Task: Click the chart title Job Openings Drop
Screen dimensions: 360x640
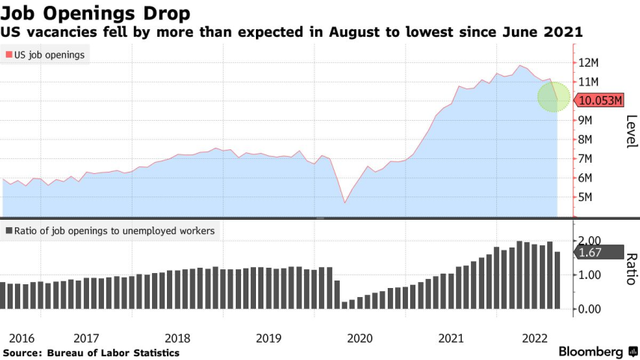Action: pos(95,13)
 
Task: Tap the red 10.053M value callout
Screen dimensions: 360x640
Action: pos(600,100)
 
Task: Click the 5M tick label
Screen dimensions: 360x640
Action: pos(591,197)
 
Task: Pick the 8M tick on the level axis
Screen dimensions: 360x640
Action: pos(591,139)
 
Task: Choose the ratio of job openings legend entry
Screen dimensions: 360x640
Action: pos(109,231)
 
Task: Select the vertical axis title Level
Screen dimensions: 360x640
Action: pos(630,132)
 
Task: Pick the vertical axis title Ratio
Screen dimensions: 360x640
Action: pos(630,268)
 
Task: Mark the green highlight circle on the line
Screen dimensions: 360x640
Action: pos(555,96)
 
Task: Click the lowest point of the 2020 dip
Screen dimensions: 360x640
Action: pos(344,202)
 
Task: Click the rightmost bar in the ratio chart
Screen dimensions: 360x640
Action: pos(557,280)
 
